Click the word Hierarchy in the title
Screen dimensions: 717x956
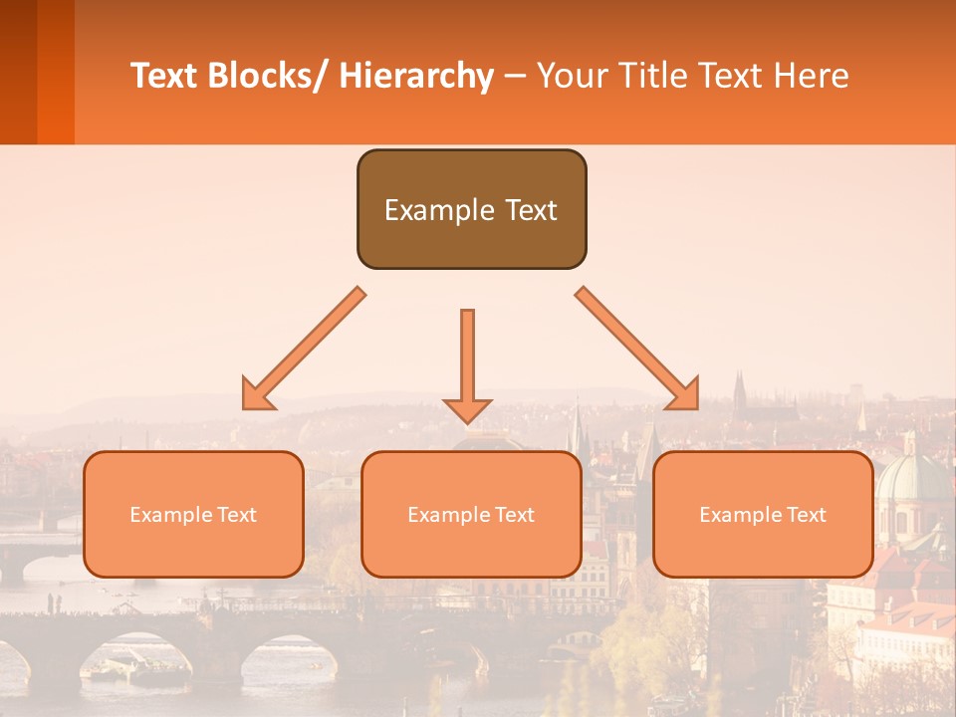tap(416, 76)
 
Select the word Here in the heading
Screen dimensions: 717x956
tap(812, 76)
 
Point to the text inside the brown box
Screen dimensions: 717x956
tap(471, 210)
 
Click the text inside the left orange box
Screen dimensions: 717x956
tap(193, 515)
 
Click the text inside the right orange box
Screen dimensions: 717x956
tap(763, 515)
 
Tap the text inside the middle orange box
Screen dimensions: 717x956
tap(471, 515)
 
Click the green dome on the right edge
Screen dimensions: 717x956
tap(911, 478)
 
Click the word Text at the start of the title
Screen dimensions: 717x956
tap(164, 76)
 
